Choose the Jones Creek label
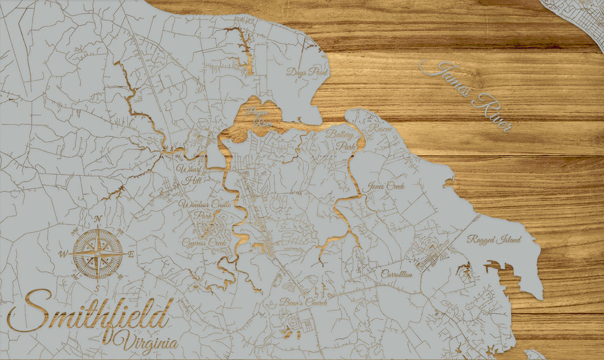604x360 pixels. pyautogui.click(x=386, y=186)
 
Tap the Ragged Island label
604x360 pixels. pyautogui.click(x=494, y=240)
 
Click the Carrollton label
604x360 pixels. pyautogui.click(x=397, y=274)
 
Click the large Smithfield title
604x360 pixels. pyautogui.click(x=89, y=318)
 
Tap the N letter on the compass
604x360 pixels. pyautogui.click(x=98, y=219)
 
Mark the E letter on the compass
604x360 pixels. pyautogui.click(x=131, y=254)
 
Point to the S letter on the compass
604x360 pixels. pyautogui.click(x=97, y=288)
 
